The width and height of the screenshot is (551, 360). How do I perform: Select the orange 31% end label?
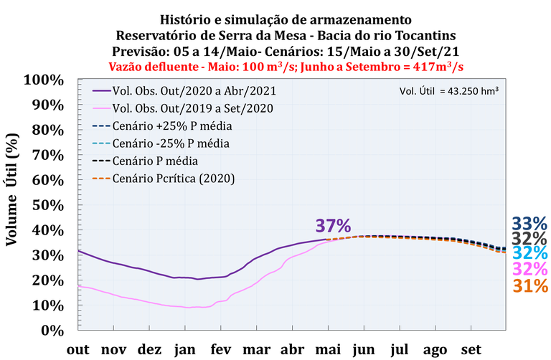[x=530, y=285]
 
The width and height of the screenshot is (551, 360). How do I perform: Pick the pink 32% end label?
[x=530, y=270]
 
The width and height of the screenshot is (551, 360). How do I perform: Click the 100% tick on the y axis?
[x=44, y=79]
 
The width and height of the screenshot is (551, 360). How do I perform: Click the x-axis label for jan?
[x=185, y=349]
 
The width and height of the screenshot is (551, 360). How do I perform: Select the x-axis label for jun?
[x=363, y=349]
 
